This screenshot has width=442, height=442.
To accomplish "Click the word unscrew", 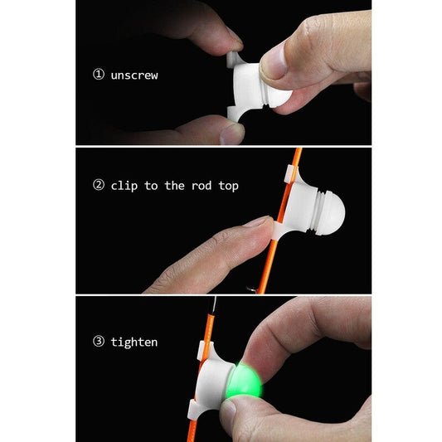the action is (134, 75).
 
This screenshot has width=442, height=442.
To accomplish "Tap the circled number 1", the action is (99, 75).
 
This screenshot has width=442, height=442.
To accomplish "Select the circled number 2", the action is (99, 185).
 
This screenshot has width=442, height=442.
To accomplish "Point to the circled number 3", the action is (99, 342).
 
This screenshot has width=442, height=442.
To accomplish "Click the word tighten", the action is (134, 342).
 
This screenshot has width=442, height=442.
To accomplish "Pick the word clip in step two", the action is (124, 186).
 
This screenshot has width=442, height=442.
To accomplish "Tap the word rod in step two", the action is (202, 186).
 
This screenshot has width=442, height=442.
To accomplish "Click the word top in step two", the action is (229, 187).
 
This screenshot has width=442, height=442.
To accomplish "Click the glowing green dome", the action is (244, 381).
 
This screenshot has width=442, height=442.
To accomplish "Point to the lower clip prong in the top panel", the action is (235, 114).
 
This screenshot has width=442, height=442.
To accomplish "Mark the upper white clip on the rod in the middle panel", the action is (291, 174).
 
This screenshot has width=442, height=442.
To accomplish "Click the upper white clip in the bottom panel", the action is (205, 351).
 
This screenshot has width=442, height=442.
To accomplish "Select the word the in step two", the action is (174, 186).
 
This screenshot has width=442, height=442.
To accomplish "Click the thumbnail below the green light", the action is (229, 411).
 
